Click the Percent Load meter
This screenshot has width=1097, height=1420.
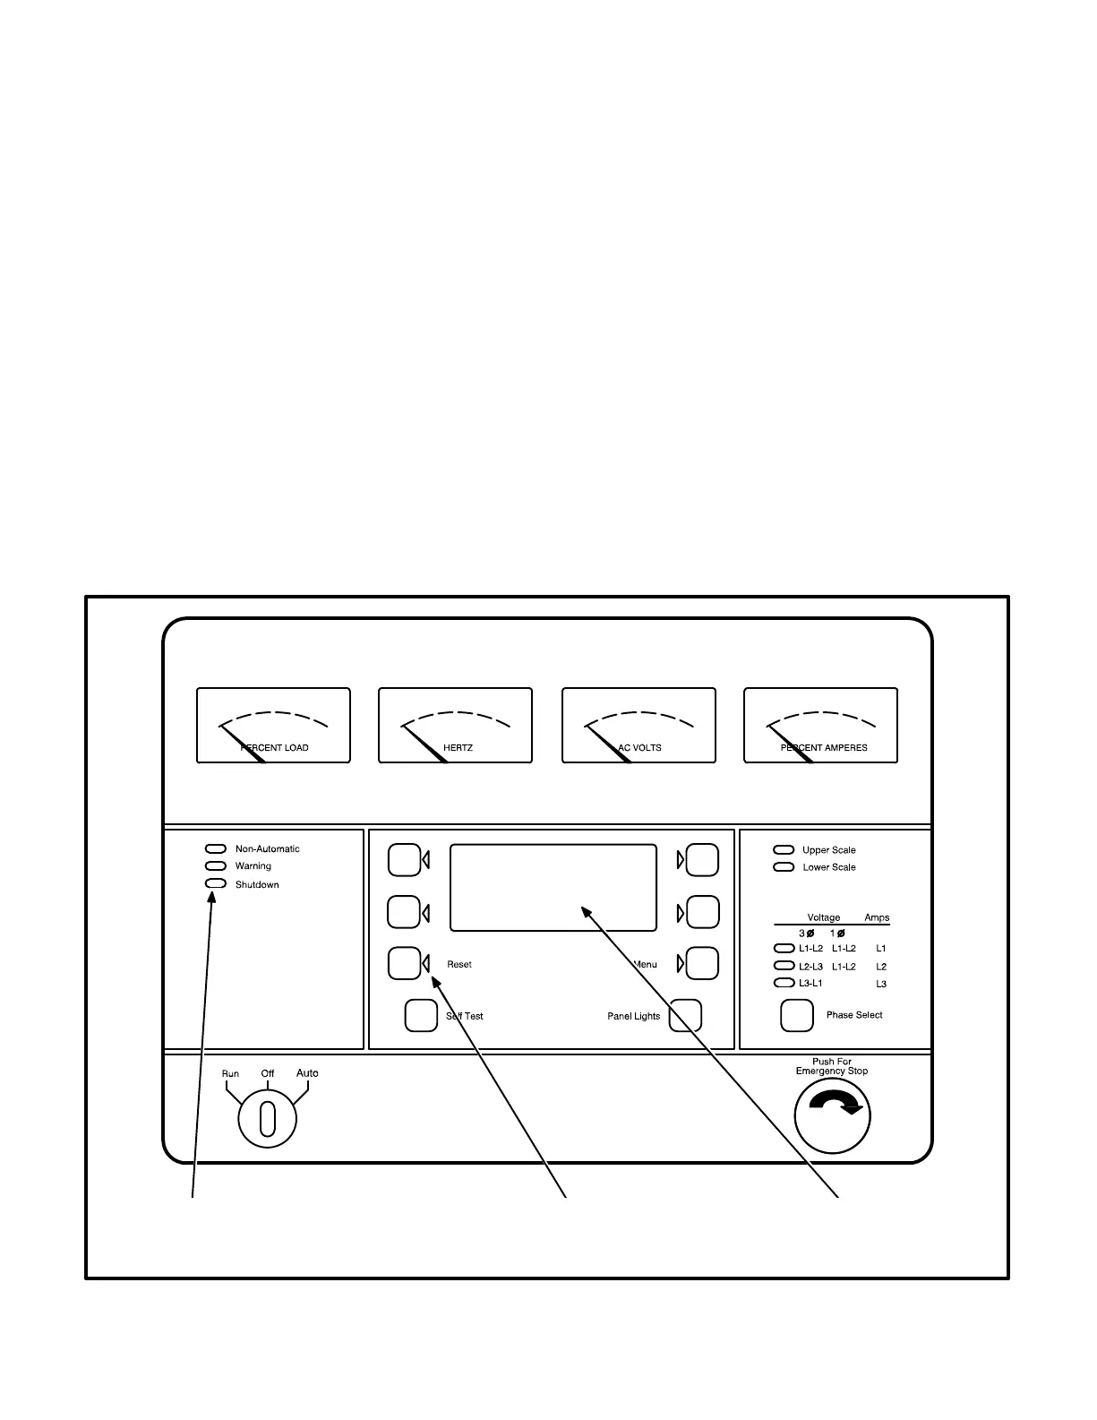273,726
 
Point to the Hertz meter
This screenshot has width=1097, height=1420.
455,726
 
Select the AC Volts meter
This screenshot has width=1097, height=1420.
638,726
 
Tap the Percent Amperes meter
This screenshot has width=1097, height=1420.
820,726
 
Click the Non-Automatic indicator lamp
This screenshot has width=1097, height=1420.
216,848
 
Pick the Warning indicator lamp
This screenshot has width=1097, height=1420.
216,866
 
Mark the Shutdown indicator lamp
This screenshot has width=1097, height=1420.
216,884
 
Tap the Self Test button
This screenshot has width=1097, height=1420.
422,1015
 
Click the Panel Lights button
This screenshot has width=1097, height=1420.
686,1015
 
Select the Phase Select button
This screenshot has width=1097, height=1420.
797,1015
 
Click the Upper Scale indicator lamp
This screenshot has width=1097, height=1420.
784,849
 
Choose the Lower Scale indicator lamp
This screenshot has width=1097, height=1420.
784,867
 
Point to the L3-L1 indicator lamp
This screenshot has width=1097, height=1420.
784,984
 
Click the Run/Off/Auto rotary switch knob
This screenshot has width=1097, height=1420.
267,1118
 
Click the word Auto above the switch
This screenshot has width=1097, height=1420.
307,1073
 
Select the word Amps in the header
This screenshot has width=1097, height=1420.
877,917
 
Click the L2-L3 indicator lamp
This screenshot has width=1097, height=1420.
784,966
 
